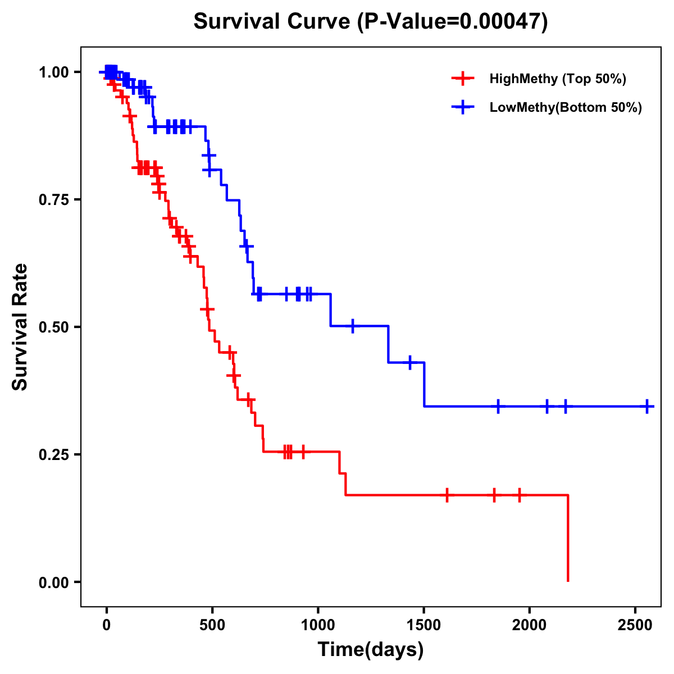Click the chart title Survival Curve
click(x=371, y=22)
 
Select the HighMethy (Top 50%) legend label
click(x=557, y=79)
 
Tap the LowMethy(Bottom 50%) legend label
click(x=565, y=107)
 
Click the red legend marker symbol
click(x=462, y=79)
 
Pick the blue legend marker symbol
click(x=462, y=107)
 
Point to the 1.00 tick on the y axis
click(x=54, y=72)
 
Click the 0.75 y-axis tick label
click(x=54, y=200)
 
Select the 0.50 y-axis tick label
click(x=54, y=327)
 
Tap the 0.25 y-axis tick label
click(x=54, y=455)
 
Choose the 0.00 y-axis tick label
click(x=54, y=582)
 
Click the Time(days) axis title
click(x=371, y=650)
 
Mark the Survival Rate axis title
click(x=20, y=327)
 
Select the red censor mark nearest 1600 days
click(x=447, y=495)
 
